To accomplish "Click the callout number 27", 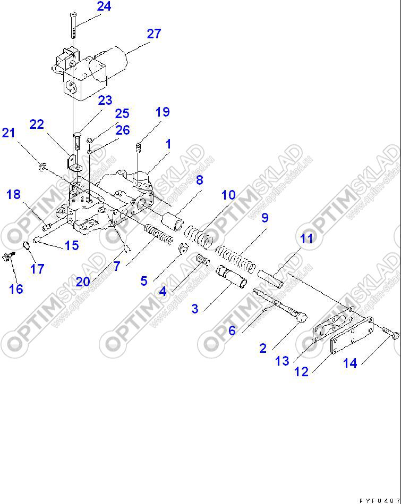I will coord(153,34).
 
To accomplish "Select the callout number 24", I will coord(104,7).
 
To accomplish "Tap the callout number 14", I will coord(349,363).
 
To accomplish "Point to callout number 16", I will coord(16,289).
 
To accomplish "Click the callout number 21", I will coord(9,133).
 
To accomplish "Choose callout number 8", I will coord(199,180).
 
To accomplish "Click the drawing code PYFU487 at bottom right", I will coord(379,500).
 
